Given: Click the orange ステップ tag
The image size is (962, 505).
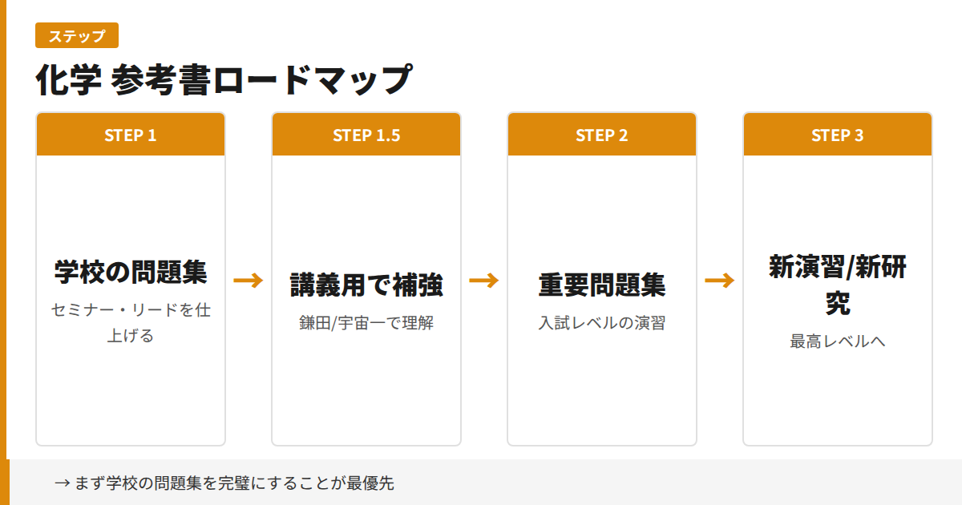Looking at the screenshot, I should (x=77, y=36).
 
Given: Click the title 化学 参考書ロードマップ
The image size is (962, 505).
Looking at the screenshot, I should (x=224, y=79).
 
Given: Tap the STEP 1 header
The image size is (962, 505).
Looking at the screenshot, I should (x=131, y=135).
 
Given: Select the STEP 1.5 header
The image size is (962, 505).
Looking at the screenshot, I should (x=366, y=135).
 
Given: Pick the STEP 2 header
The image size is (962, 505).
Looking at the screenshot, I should (x=602, y=135).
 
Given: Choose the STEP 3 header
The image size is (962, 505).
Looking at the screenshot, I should (x=838, y=135).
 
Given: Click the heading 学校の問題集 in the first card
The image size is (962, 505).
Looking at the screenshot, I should (x=131, y=272).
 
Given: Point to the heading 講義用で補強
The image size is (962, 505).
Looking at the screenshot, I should (x=366, y=285).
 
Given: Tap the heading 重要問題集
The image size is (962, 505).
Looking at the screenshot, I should (x=602, y=285).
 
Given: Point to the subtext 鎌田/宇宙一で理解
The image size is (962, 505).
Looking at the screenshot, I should (x=366, y=324).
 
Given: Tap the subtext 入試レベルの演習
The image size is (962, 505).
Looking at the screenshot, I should (x=602, y=324).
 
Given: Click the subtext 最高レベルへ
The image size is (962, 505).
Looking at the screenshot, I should (x=838, y=341).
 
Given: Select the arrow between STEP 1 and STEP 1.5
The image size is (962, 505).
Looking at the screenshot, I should (x=249, y=281).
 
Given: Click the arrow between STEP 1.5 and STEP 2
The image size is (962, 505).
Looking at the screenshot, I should (x=484, y=281).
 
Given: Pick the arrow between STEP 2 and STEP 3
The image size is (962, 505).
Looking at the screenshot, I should (x=720, y=281).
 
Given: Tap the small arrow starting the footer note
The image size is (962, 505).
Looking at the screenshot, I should (x=62, y=483).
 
